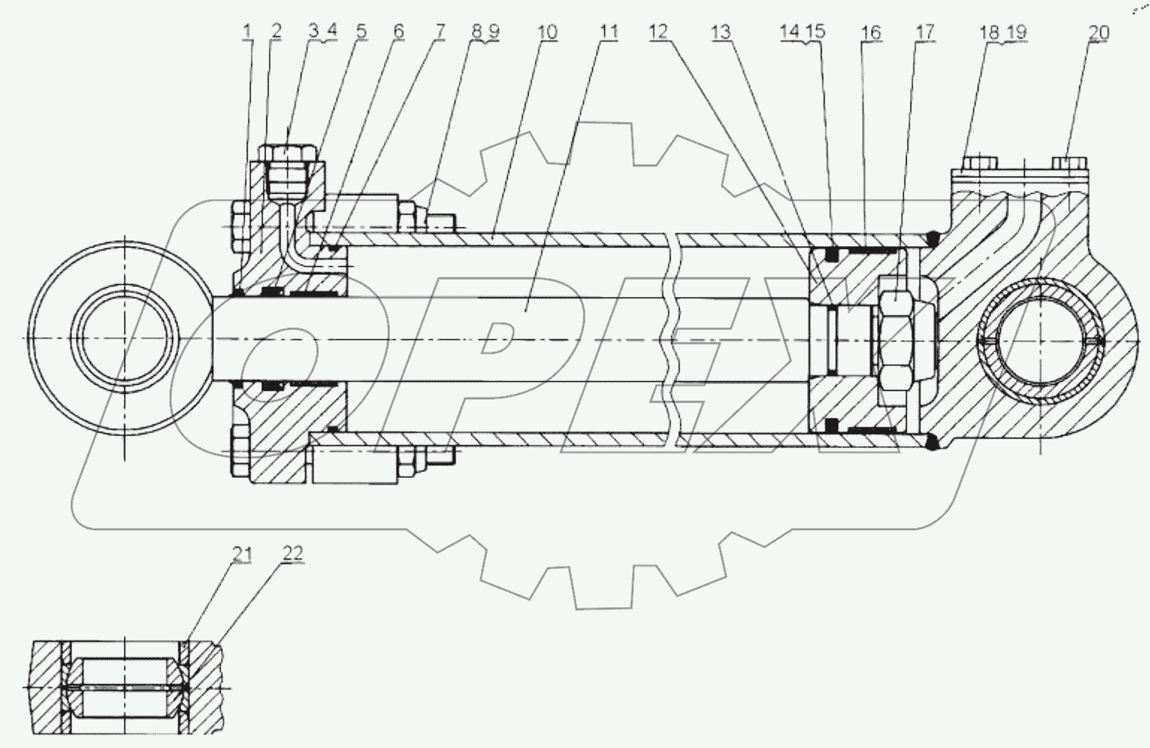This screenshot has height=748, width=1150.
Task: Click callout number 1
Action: pos(248,31)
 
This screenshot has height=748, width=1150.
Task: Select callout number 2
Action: pos(277,31)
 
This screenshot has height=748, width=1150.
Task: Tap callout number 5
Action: pos(362,31)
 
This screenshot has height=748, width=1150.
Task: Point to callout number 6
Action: pos(398,31)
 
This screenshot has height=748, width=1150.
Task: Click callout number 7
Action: pos(440,31)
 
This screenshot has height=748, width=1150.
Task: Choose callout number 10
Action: pos(547,32)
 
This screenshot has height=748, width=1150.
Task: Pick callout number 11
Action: pos(609,32)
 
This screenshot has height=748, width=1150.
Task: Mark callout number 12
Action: pos(659,32)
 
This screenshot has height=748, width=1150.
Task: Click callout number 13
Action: pos(721,32)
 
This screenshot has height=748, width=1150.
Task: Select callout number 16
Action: pos(870,32)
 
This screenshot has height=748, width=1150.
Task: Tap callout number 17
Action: pos(925,32)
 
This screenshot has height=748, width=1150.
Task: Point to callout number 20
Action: pos(1099,32)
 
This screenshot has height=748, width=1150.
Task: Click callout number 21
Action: pos(242,553)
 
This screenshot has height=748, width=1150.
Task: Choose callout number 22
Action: pos(293,553)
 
